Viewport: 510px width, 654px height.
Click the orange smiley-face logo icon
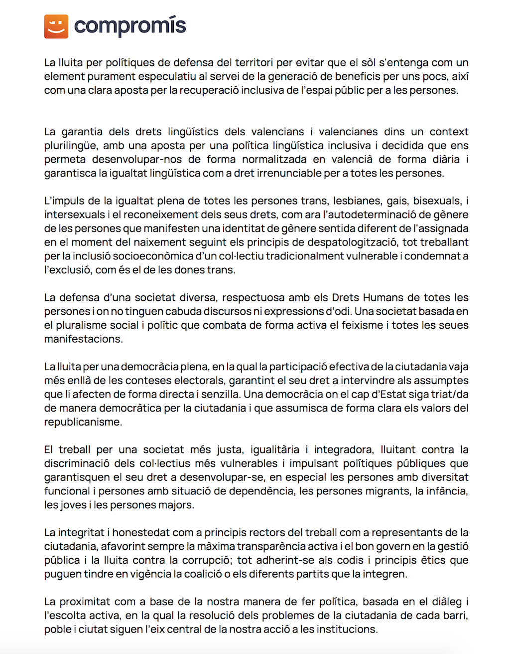coord(56,26)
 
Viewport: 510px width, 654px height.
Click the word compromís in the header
coord(130,26)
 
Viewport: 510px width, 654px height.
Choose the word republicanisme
coord(83,422)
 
